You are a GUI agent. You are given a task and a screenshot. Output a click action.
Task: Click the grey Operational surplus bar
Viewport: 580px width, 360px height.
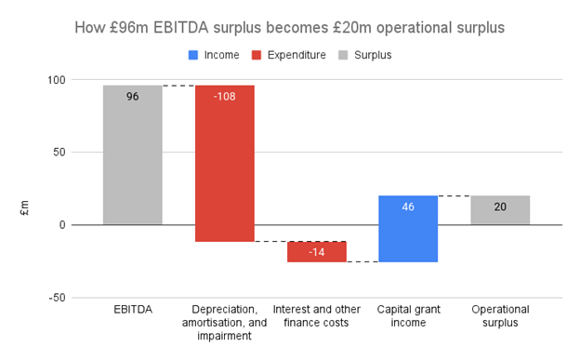pyautogui.click(x=500, y=210)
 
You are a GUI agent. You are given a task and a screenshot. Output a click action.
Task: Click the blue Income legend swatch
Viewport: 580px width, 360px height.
pyautogui.click(x=193, y=55)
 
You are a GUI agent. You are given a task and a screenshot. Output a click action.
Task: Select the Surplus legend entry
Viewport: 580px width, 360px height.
pyautogui.click(x=372, y=55)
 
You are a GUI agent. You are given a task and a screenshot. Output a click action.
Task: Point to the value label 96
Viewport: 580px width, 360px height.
pyautogui.click(x=132, y=97)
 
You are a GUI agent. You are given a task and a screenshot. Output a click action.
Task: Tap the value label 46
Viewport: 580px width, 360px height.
pyautogui.click(x=408, y=207)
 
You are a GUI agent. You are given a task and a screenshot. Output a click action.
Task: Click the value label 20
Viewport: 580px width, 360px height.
pyautogui.click(x=500, y=207)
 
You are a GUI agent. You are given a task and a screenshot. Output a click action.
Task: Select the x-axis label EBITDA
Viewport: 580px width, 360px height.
pyautogui.click(x=132, y=309)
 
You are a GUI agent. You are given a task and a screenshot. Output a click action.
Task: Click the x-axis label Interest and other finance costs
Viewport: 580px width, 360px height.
pyautogui.click(x=316, y=315)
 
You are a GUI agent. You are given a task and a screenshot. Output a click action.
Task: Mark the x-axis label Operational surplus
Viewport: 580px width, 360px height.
pyautogui.click(x=500, y=315)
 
